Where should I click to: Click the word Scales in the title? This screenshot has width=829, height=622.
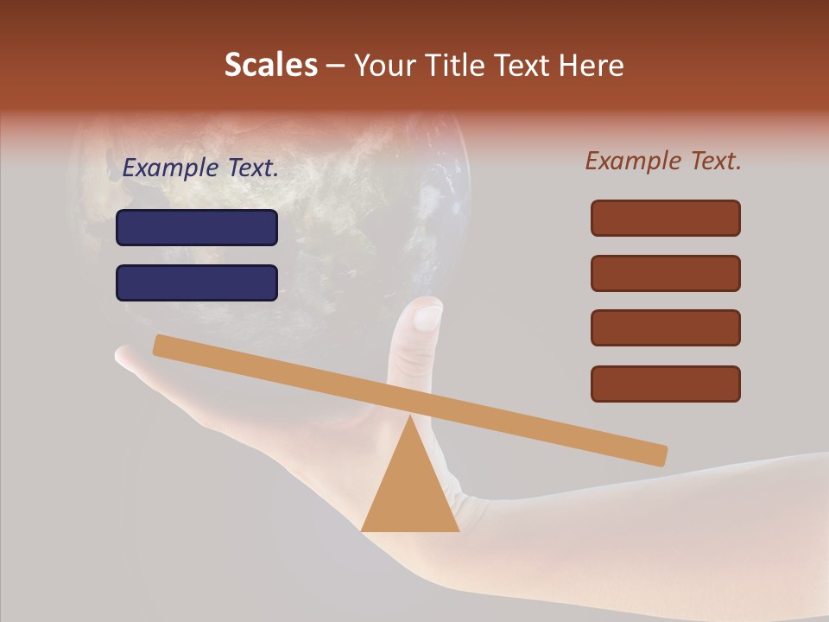pos(271,65)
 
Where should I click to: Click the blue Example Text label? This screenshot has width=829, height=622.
pos(200,168)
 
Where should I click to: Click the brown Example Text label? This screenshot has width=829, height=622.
pos(663,161)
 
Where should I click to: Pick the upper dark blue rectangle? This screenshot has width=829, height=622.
pos(197,227)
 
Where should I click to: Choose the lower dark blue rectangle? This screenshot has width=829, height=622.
pos(197,282)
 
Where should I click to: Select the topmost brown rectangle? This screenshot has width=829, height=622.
pos(666,218)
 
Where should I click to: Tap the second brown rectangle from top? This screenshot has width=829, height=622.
pos(666,273)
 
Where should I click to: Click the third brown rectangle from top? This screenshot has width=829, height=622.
pos(666,327)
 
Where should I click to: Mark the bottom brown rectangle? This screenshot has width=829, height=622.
pos(666,384)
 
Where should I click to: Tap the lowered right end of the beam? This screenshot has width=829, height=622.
pos(657,454)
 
